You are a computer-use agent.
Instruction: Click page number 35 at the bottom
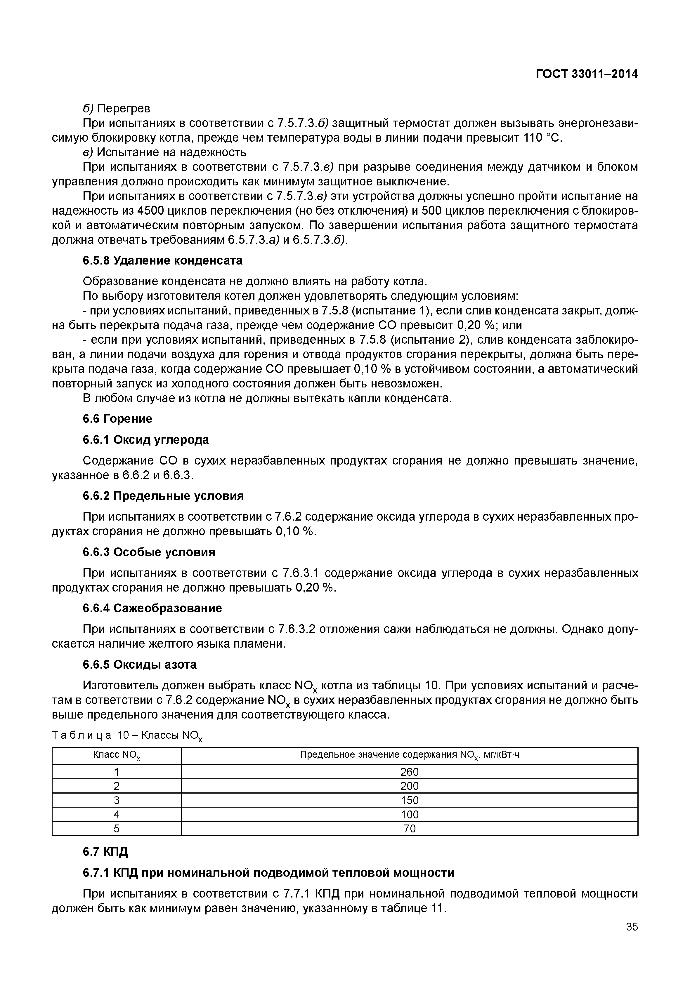632,926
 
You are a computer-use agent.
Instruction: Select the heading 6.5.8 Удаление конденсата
162,261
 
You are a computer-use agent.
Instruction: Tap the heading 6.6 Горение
118,418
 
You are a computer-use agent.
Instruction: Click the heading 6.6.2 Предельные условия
163,496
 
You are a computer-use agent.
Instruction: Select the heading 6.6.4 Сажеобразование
152,608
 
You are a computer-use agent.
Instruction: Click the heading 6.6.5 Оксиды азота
140,664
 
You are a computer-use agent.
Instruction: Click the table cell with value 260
410,772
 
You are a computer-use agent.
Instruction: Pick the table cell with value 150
410,800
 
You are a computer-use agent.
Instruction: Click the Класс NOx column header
117,755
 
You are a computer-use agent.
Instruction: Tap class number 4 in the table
117,815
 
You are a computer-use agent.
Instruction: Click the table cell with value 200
410,786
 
